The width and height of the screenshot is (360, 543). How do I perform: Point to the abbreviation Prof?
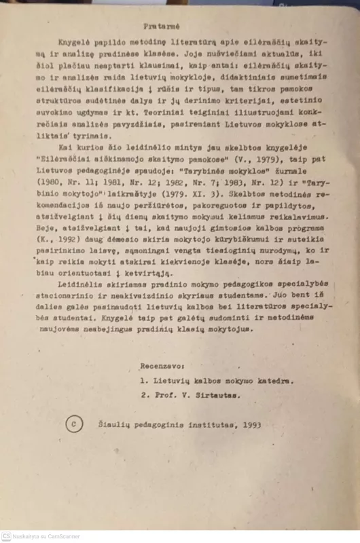[160, 394]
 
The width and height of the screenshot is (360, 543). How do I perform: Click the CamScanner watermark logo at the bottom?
[6, 536]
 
